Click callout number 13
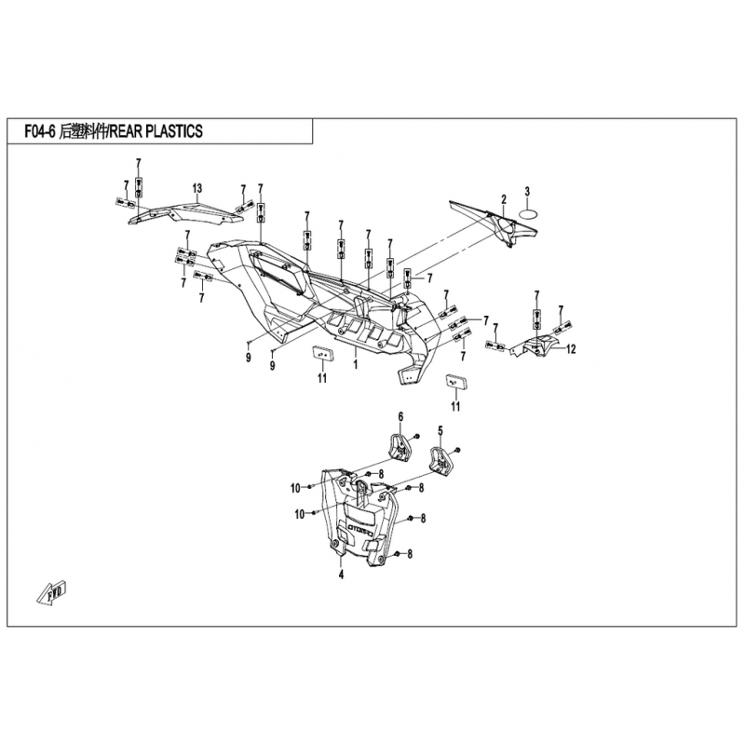click(197, 189)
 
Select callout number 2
click(503, 198)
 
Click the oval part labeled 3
click(528, 212)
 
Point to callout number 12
click(572, 349)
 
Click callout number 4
click(342, 576)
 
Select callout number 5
click(440, 430)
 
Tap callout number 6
click(401, 415)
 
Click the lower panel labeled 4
click(359, 526)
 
